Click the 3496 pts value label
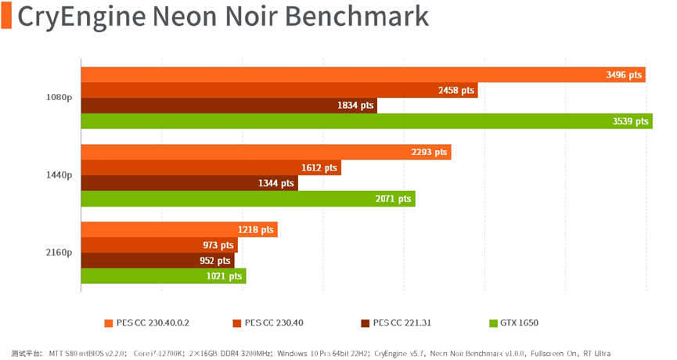click(x=624, y=75)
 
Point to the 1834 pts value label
click(x=356, y=106)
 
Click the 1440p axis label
click(x=59, y=176)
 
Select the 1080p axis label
click(x=59, y=98)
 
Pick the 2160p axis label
click(x=59, y=253)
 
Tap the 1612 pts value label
click(x=319, y=167)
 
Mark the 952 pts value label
click(x=215, y=261)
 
